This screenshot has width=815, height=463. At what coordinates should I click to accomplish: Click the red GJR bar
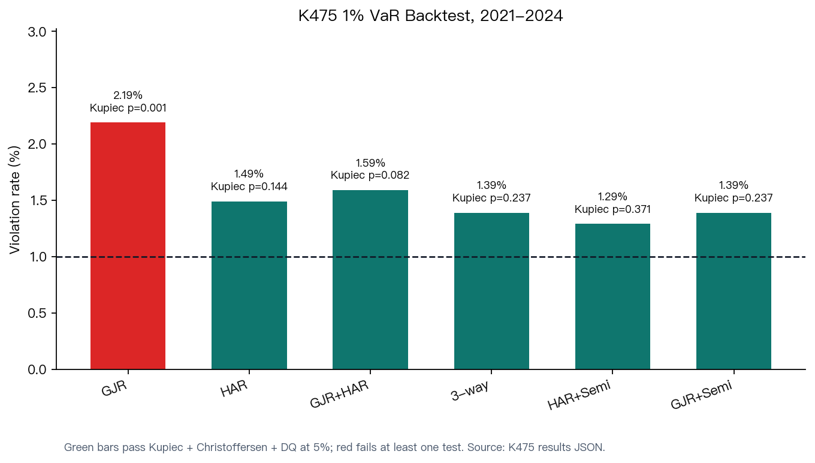pos(128,246)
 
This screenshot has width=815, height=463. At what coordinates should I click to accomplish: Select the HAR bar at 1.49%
pos(249,285)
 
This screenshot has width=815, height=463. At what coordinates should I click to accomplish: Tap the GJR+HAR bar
pos(370,279)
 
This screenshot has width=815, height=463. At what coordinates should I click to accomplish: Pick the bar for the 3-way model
pos(491,291)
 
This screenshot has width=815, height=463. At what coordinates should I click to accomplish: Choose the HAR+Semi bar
pos(612,296)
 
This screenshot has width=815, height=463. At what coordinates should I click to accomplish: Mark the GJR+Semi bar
pos(733,291)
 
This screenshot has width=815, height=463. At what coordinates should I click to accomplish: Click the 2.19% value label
pos(128,95)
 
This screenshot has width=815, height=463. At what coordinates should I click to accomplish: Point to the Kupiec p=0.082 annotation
pos(370,175)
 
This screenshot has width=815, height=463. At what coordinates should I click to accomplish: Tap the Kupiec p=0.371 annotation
pos(612,209)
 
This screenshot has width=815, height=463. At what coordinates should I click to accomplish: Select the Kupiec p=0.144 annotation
pos(249,187)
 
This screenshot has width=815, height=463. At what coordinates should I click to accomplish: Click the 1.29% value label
pos(612,197)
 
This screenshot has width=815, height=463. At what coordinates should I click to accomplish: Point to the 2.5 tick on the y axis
pos(37,88)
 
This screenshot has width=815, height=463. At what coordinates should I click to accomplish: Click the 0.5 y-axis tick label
pos(37,313)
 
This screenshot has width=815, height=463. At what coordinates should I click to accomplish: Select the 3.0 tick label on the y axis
pos(37,32)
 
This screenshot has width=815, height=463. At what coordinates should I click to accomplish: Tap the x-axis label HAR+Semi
pos(579,395)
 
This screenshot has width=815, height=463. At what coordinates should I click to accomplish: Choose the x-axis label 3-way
pos(469,390)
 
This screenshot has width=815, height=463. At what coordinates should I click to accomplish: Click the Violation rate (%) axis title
pos(14,200)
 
